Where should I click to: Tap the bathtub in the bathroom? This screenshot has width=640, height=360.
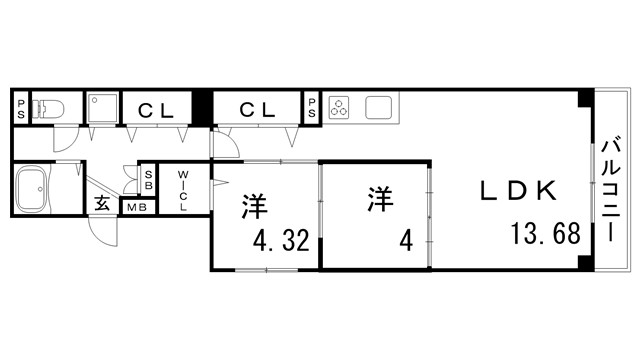36,188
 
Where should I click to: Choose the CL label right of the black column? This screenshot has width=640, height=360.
258,109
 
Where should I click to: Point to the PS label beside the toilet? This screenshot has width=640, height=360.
21,108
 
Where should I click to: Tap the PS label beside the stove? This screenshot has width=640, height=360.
312,107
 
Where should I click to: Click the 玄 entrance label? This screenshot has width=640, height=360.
102,203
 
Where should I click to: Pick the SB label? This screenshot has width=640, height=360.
148,180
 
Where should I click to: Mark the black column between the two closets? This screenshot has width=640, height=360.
203,106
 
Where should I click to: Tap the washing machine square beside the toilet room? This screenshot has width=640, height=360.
102,108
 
